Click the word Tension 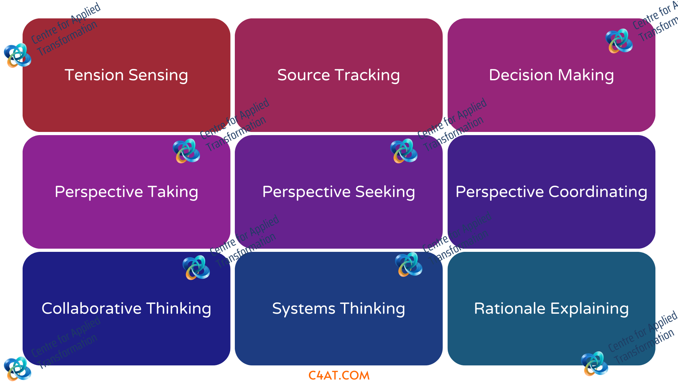click(94, 75)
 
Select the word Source click(304, 75)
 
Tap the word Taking click(173, 192)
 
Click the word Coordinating click(598, 192)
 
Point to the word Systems click(303, 309)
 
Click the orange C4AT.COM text click(339, 375)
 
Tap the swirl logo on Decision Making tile click(619, 41)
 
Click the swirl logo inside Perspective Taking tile click(186, 151)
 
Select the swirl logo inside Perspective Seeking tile click(404, 151)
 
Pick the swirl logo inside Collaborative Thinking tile click(196, 268)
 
